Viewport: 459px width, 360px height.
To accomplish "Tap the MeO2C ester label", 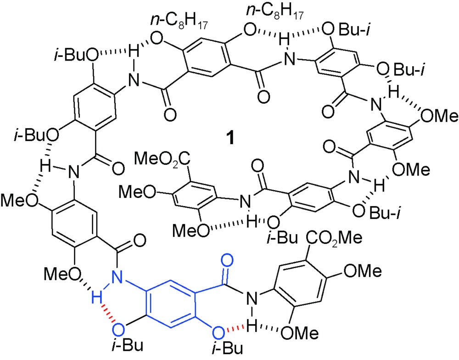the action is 162,159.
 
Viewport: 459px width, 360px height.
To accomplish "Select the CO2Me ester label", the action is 334,237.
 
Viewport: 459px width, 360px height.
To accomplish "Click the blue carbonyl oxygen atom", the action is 227,260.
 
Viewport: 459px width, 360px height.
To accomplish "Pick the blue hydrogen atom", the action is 96,299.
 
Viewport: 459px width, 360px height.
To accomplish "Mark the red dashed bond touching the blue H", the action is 109,314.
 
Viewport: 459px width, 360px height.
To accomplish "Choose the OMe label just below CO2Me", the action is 363,270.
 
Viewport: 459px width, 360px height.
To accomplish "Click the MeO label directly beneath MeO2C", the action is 137,192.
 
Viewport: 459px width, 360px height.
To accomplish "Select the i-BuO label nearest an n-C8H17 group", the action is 76,55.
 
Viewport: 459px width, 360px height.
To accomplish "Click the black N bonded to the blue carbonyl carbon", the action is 252,298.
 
